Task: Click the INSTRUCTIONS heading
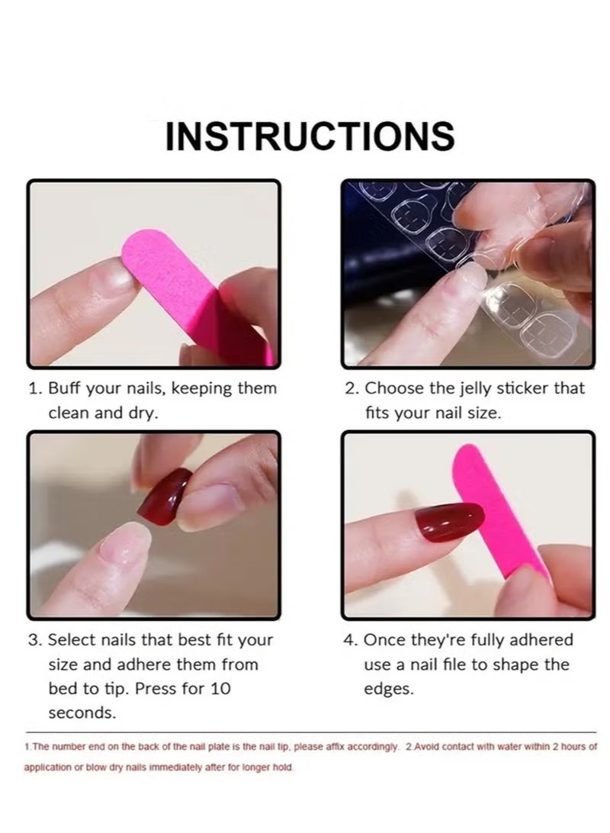[310, 136]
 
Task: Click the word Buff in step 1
[65, 388]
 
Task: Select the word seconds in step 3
[82, 713]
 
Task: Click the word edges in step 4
[388, 688]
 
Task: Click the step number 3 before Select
[34, 640]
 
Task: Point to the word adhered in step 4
[539, 640]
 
